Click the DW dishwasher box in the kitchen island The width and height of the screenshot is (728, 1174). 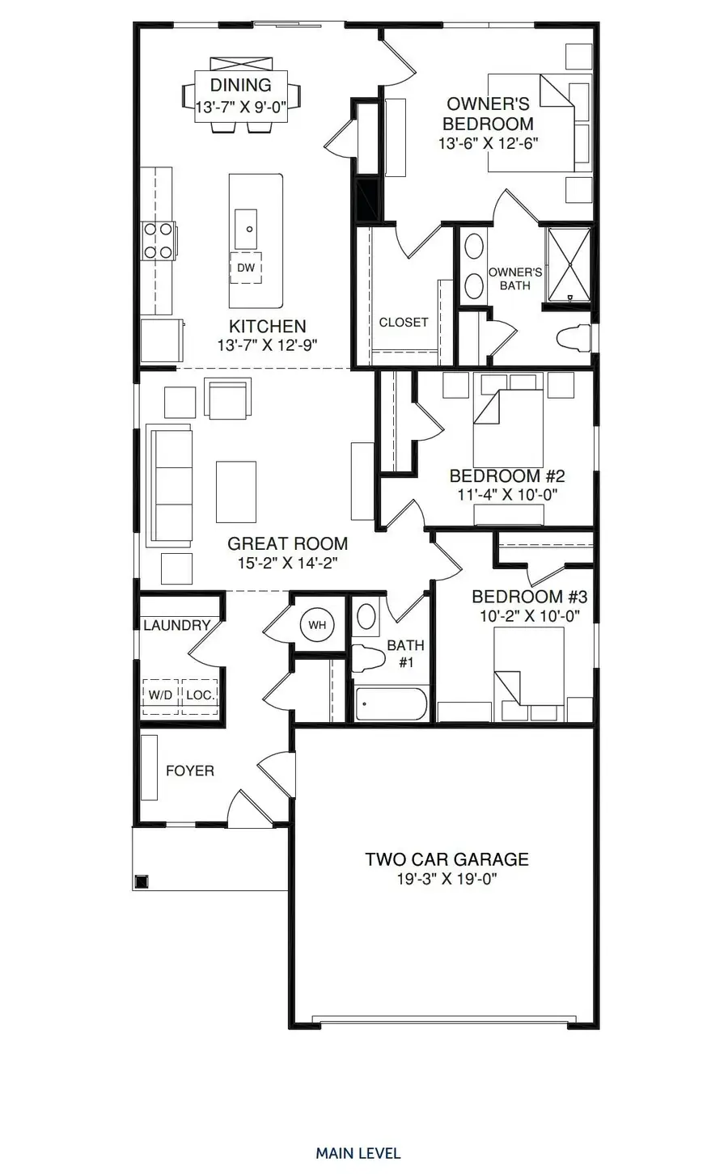[246, 268]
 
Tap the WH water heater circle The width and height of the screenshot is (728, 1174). [316, 624]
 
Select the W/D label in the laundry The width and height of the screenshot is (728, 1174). [159, 695]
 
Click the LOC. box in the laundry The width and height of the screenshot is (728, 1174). [199, 695]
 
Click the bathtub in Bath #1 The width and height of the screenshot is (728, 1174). [391, 703]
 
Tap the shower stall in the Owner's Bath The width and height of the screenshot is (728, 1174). [569, 264]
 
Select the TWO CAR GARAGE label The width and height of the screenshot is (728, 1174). [447, 859]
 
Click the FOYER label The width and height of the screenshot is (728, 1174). [190, 771]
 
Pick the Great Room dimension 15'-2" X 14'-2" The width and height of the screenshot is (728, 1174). [287, 564]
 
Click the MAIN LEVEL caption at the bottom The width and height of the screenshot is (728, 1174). [358, 1153]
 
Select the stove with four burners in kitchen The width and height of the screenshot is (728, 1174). [158, 240]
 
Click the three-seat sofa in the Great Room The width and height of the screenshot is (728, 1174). [171, 485]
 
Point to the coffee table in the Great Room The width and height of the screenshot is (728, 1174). [236, 491]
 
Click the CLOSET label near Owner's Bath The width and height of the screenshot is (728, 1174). [404, 322]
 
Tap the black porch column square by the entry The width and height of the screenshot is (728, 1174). [142, 881]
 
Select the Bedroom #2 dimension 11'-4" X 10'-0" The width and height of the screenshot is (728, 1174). [508, 495]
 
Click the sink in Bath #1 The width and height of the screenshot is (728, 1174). [366, 618]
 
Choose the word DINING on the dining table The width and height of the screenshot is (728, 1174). [240, 86]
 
